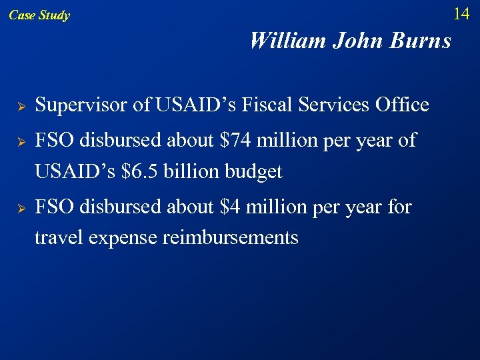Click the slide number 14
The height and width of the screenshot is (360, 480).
[x=461, y=13]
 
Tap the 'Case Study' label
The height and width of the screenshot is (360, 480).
[x=39, y=15]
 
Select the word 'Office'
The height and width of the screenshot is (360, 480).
[x=402, y=105]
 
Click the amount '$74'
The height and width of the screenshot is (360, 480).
[x=235, y=141]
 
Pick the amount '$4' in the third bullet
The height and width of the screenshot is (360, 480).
[x=230, y=207]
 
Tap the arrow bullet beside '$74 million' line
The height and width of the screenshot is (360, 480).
[x=21, y=142]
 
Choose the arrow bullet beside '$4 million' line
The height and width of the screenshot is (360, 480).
[x=21, y=209]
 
